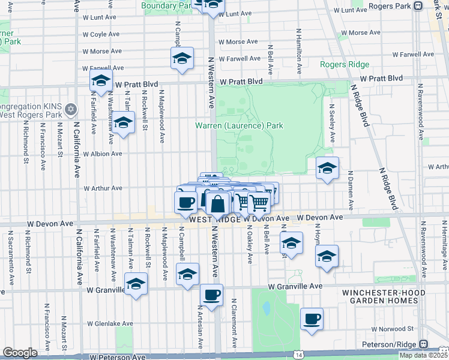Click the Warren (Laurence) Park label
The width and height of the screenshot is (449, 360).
coord(239,126)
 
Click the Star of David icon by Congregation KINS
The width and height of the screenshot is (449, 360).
coord(71,109)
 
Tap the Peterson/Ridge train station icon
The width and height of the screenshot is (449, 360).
coord(423,344)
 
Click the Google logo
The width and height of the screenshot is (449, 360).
coord(19,353)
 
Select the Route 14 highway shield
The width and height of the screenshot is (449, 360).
coord(298,355)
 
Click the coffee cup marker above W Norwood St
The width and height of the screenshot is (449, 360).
coord(312,319)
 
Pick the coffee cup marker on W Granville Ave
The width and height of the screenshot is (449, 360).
coord(211,295)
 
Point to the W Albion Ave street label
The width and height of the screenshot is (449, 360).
coord(103,154)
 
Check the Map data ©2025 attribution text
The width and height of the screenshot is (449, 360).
coord(423,355)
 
